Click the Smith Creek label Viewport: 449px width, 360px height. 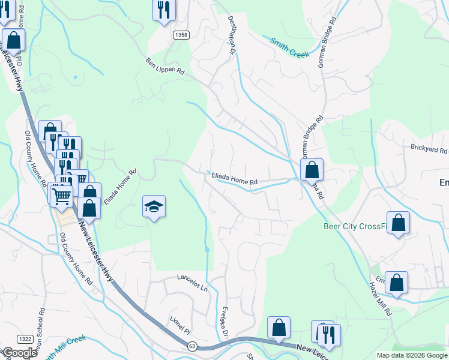(289, 48)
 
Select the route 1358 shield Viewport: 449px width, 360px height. (181, 35)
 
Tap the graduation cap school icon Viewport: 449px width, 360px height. (154, 207)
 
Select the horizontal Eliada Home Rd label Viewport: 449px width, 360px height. (234, 178)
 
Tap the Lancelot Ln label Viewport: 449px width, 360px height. (192, 282)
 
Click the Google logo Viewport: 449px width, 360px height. (20, 353)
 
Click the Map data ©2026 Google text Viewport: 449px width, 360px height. (411, 355)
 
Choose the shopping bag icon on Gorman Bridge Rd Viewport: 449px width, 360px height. (312, 170)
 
